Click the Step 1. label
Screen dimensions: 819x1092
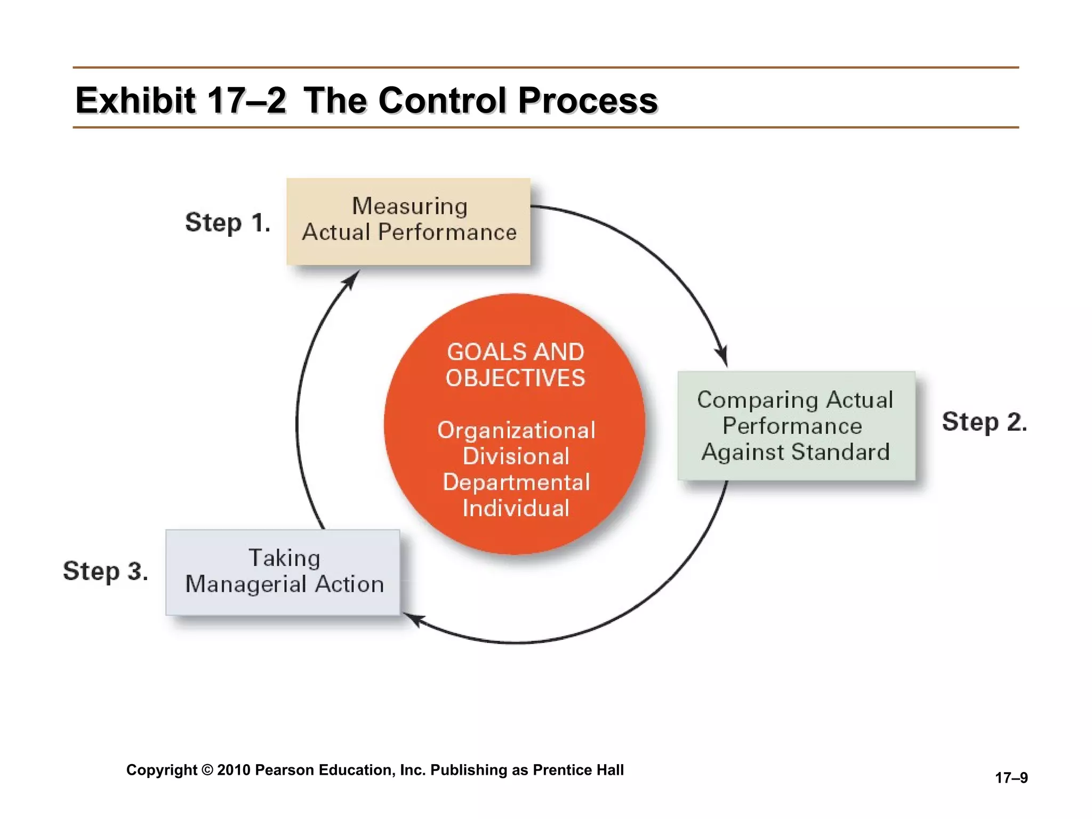click(228, 222)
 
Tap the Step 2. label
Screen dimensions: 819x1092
click(984, 422)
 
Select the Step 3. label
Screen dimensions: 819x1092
click(106, 571)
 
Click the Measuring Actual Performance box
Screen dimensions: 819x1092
click(408, 221)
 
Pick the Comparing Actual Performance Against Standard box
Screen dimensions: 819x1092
click(796, 425)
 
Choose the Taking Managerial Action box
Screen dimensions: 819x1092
click(283, 572)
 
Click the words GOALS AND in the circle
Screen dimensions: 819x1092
click(515, 352)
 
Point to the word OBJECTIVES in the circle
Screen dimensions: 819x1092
click(515, 378)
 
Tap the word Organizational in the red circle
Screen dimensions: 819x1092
click(516, 430)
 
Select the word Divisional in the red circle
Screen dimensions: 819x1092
click(516, 456)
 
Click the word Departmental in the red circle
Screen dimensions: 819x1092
click(516, 482)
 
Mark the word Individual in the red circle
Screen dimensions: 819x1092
click(516, 508)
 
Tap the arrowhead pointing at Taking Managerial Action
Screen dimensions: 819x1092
click(413, 619)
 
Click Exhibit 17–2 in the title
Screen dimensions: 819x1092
click(181, 101)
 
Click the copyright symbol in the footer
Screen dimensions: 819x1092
click(208, 770)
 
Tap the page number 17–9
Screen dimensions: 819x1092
click(1011, 778)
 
